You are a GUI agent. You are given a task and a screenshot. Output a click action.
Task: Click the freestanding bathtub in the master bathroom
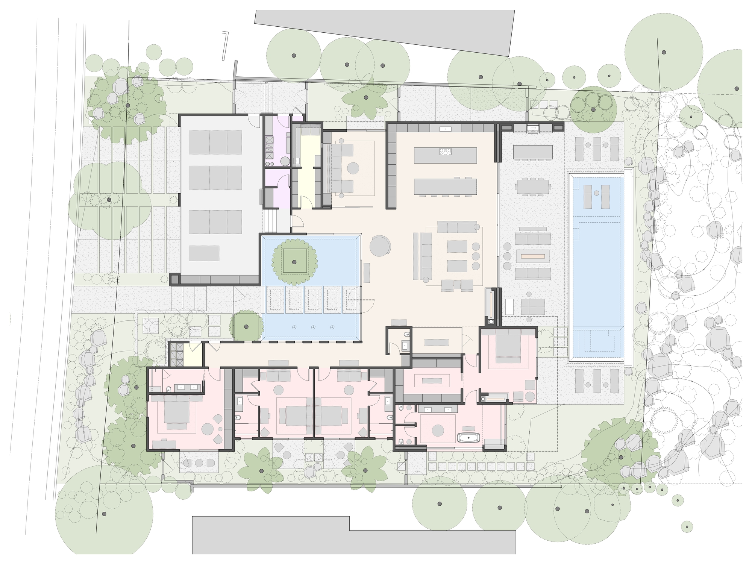coord(468,437)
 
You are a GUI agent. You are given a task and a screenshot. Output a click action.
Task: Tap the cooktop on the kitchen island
coord(445,152)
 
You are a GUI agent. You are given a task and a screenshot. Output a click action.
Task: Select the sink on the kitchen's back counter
coord(446,129)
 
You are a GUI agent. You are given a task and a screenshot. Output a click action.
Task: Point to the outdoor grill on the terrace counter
coord(533,129)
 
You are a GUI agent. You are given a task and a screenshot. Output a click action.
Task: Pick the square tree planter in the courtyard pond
coord(294,262)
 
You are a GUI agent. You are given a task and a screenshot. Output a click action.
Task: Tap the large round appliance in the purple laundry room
coord(285,161)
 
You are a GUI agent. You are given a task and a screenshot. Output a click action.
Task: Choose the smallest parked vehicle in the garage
coord(203,253)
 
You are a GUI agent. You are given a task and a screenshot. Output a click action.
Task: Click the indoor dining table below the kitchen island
coord(445,186)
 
